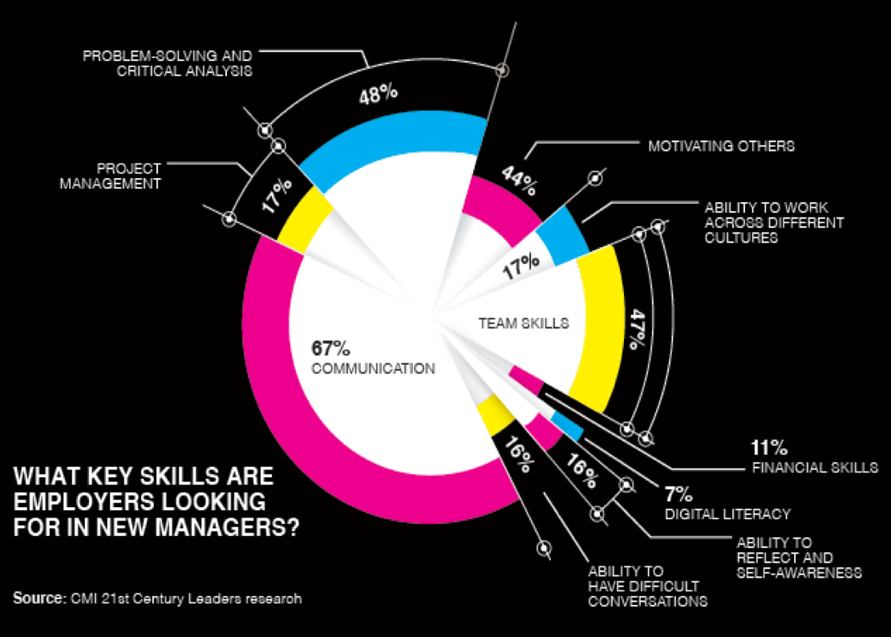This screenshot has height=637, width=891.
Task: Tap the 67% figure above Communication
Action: (x=330, y=349)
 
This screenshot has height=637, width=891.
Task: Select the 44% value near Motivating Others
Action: (x=519, y=181)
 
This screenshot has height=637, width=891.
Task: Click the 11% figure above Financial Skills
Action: (x=769, y=448)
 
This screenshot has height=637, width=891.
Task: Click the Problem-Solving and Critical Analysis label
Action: (x=168, y=63)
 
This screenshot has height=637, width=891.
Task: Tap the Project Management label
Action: (x=128, y=176)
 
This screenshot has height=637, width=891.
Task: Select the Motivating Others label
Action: (x=721, y=146)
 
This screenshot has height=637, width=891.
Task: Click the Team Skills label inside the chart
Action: (x=524, y=323)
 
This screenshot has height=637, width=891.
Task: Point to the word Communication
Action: (x=373, y=369)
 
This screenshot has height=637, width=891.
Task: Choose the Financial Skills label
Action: (x=815, y=468)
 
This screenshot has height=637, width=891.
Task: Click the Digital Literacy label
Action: (x=727, y=513)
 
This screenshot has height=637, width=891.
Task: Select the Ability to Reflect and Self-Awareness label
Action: (x=798, y=558)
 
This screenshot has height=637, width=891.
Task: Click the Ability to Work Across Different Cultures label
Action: (x=774, y=223)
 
